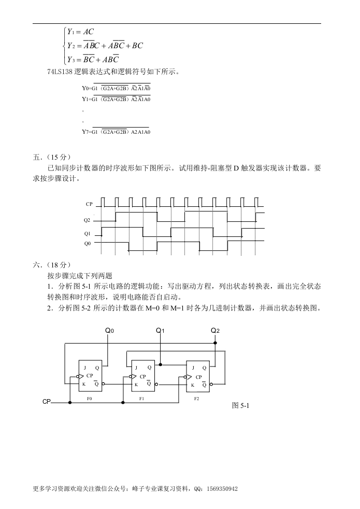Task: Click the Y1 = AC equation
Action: tap(80, 32)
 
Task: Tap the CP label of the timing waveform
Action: tap(89, 204)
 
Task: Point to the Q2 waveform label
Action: tap(87, 220)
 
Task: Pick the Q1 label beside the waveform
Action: tap(87, 234)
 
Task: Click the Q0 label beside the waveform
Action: tap(87, 244)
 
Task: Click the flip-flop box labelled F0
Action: tap(91, 376)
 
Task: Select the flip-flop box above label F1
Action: tap(142, 376)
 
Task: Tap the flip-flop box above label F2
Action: tap(198, 376)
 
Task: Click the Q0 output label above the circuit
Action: tap(109, 331)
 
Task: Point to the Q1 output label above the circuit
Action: tap(160, 331)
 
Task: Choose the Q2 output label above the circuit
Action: tap(215, 331)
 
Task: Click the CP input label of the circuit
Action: tap(47, 402)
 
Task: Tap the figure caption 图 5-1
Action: tap(241, 405)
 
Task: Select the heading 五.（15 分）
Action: tap(52, 157)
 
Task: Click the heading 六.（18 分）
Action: tap(52, 265)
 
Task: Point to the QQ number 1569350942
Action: tap(222, 489)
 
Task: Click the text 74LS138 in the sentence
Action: tap(60, 72)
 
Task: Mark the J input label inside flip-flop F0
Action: tap(85, 368)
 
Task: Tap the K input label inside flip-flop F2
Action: tap(193, 385)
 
